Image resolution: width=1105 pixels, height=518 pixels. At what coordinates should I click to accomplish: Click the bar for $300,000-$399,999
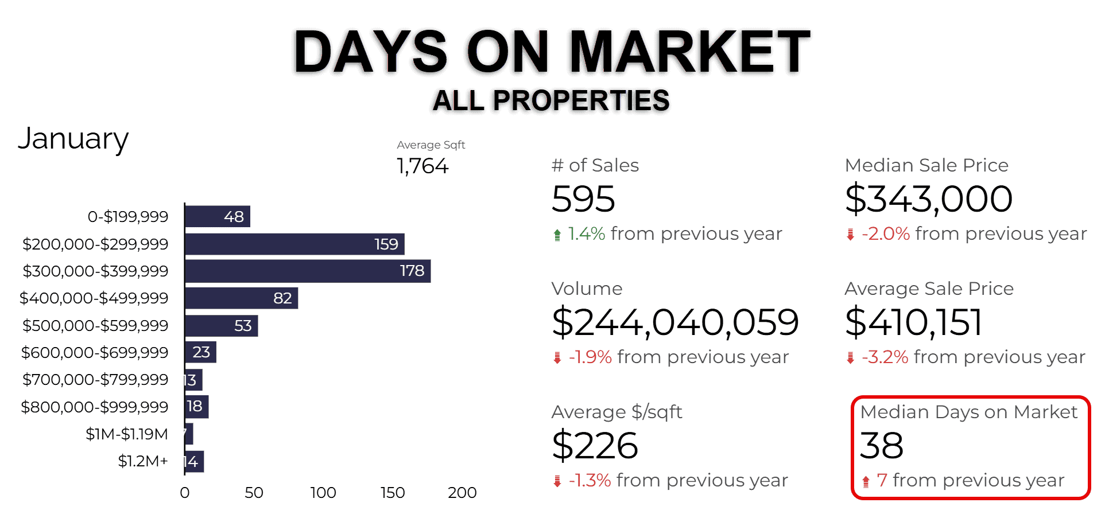pos(307,271)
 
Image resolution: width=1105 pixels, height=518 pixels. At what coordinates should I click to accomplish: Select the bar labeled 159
pos(294,244)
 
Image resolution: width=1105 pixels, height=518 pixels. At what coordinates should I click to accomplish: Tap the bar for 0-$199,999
pos(217,216)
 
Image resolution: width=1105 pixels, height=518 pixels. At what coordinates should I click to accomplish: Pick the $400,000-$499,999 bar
pos(241,298)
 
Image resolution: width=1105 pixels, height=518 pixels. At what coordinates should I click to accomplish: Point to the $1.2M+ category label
pos(143,461)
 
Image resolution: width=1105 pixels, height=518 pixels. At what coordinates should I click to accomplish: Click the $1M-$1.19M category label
pos(127,434)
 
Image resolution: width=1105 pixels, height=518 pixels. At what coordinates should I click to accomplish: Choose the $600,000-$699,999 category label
pos(95,352)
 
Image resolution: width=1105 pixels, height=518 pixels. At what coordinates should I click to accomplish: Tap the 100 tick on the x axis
pos(323,493)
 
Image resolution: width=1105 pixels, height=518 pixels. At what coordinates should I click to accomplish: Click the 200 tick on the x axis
pos(462,493)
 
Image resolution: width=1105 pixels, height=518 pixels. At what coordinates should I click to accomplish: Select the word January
pos(73,139)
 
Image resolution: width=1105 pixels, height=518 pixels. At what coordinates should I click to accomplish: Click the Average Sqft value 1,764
pos(422,166)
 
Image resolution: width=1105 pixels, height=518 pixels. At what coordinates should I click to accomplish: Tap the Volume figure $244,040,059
pos(675,322)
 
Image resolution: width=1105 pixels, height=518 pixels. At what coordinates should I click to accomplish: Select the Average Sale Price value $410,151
pos(913,322)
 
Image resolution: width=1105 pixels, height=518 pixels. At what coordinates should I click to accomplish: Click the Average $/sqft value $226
pos(595,446)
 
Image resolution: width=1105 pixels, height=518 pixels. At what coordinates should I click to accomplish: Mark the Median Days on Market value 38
pos(882,446)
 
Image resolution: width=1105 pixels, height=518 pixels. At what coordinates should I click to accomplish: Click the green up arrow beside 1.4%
pos(557,235)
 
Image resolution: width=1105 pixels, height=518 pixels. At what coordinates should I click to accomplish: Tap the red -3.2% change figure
pos(885,357)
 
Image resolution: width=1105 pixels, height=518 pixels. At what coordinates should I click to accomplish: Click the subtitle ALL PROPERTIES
pos(551,101)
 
